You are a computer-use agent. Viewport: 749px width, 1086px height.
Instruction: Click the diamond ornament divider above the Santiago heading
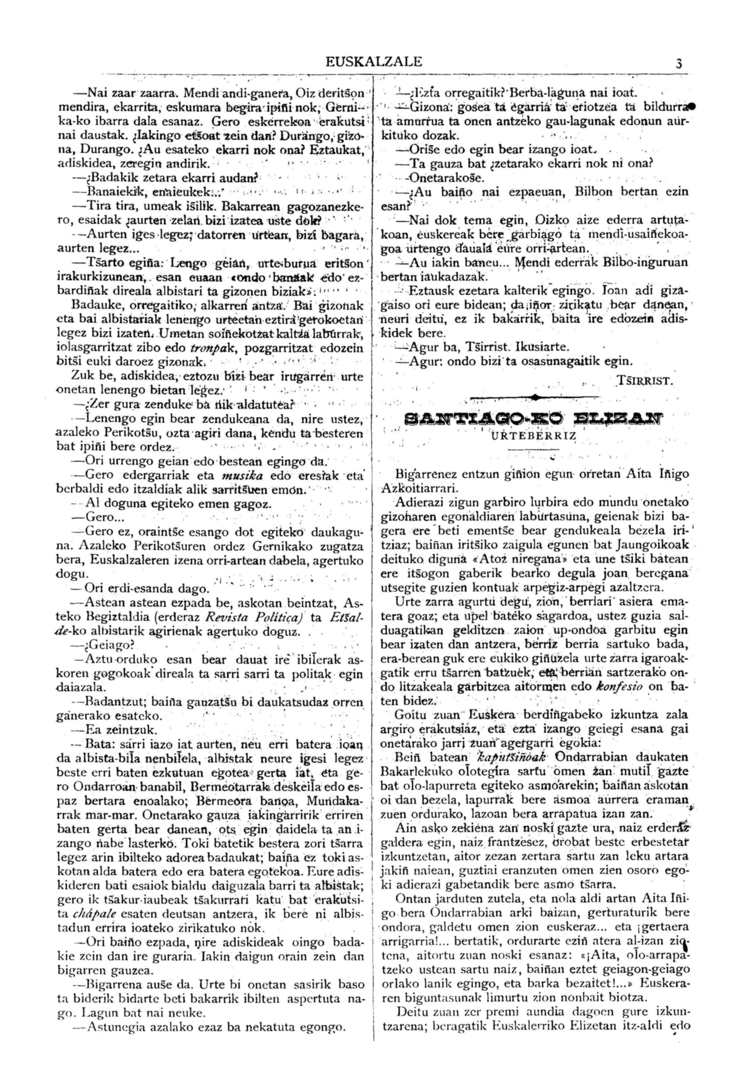point(535,398)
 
